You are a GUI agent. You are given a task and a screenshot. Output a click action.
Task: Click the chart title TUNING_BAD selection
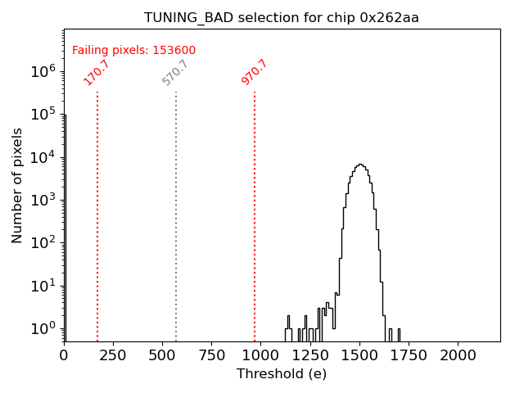tap(282, 18)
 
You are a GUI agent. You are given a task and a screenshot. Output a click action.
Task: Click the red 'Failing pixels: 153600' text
tap(133, 51)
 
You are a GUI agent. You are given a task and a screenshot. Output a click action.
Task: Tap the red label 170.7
tap(97, 72)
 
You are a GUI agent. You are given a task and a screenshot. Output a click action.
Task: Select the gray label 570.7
tap(175, 72)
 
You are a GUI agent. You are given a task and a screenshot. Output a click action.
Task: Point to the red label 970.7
tap(255, 72)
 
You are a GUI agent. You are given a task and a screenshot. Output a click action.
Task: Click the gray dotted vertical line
tap(176, 213)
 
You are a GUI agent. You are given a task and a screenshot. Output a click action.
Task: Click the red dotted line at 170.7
tap(97, 213)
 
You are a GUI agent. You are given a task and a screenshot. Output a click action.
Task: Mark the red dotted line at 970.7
tap(255, 213)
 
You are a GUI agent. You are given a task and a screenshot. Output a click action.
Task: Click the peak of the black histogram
tap(360, 165)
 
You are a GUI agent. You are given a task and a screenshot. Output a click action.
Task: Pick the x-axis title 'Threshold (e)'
tap(282, 374)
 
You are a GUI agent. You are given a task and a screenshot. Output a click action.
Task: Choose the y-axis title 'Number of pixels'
tap(17, 186)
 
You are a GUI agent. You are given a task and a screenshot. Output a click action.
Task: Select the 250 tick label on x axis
tap(113, 355)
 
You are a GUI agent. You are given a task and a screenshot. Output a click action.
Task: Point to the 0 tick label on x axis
tap(64, 355)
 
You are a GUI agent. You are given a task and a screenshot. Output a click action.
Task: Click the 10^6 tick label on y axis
tap(43, 72)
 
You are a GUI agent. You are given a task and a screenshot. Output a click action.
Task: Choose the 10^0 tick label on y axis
tap(43, 328)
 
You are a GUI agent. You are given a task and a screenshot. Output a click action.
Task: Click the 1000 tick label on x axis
tap(261, 355)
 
